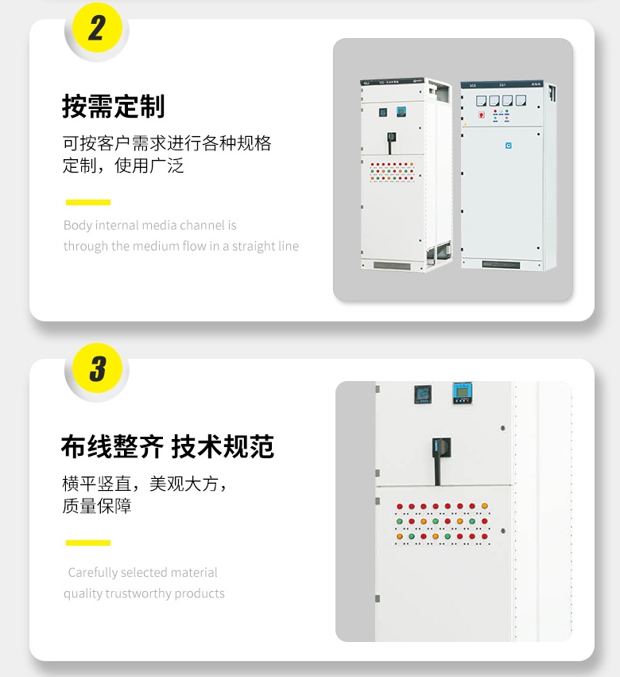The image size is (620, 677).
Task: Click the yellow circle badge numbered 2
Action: [x=96, y=29]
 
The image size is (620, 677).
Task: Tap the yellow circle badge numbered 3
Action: [x=96, y=369]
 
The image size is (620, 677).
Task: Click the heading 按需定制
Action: [x=113, y=106]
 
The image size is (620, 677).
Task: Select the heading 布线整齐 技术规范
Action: [x=167, y=446]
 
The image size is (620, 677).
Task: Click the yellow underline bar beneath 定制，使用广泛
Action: [x=87, y=202]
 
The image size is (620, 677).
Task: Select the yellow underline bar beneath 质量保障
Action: [x=87, y=543]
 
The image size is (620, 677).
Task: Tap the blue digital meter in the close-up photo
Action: [x=461, y=393]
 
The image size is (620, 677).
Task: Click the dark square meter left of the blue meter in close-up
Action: [x=421, y=394]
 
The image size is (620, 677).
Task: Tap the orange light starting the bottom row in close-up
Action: [x=400, y=537]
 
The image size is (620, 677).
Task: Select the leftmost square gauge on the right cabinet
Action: [x=482, y=101]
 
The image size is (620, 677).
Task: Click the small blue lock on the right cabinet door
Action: [x=510, y=145]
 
